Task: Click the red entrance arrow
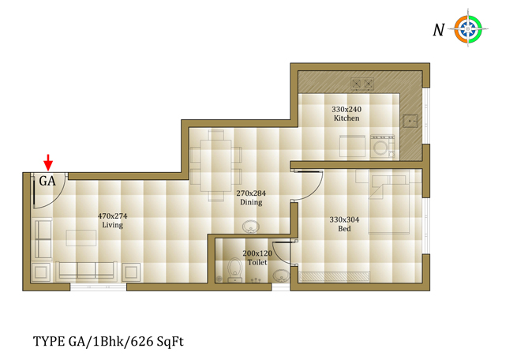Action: [x=48, y=162]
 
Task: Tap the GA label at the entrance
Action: [x=47, y=181]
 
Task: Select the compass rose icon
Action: [x=468, y=29]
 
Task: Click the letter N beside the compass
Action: [x=438, y=30]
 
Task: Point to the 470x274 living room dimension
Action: [x=112, y=216]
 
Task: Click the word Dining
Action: [x=251, y=202]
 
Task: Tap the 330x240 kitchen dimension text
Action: [x=347, y=109]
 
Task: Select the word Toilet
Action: [x=257, y=262]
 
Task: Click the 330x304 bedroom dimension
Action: [x=345, y=219]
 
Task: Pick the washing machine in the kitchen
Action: [x=382, y=146]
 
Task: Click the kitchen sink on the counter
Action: [x=410, y=122]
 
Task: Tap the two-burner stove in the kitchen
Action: [x=362, y=84]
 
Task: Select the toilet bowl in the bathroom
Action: [x=234, y=270]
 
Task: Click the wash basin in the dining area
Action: [x=250, y=227]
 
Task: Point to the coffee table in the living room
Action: [x=81, y=238]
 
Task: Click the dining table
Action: [x=215, y=165]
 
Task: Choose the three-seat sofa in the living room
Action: [x=86, y=271]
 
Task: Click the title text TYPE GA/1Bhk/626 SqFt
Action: [x=108, y=342]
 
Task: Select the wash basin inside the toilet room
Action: [x=281, y=276]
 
